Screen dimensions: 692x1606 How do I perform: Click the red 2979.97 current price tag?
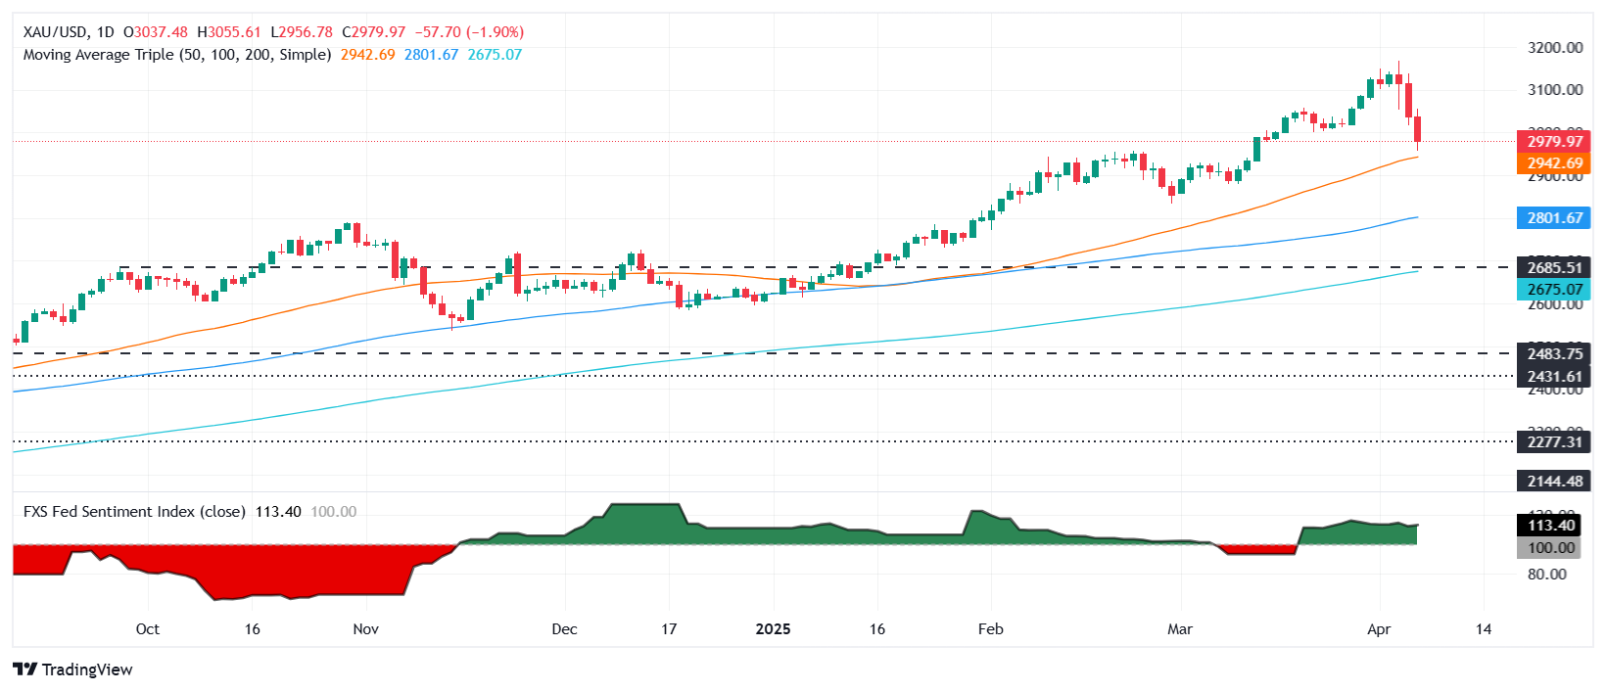[x=1553, y=142]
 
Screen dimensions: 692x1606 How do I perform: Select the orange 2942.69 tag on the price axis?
[x=1553, y=163]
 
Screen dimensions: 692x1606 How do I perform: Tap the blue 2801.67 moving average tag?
[x=1553, y=218]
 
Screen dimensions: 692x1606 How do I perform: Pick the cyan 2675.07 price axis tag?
[x=1553, y=289]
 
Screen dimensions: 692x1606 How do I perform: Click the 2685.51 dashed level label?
[x=1553, y=267]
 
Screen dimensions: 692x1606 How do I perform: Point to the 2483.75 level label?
[x=1553, y=354]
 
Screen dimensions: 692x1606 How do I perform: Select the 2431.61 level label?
[x=1553, y=377]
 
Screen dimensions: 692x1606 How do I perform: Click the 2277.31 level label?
[x=1553, y=442]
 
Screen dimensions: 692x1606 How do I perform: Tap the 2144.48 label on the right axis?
[x=1553, y=481]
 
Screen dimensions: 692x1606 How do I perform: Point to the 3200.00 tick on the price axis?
[x=1555, y=47]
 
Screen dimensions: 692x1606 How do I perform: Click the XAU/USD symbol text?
[x=55, y=32]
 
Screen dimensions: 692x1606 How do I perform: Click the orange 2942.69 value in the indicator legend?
[x=367, y=55]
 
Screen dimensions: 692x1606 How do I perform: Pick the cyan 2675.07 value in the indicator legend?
[x=495, y=55]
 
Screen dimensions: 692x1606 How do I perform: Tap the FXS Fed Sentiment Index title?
[x=134, y=512]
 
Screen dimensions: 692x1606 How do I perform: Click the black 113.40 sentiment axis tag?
[x=1553, y=526]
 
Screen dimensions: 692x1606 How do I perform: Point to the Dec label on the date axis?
[x=564, y=629]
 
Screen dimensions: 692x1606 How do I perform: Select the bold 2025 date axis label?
[x=773, y=629]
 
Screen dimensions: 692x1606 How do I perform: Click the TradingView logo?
[x=73, y=669]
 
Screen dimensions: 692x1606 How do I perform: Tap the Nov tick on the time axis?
[x=365, y=629]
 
